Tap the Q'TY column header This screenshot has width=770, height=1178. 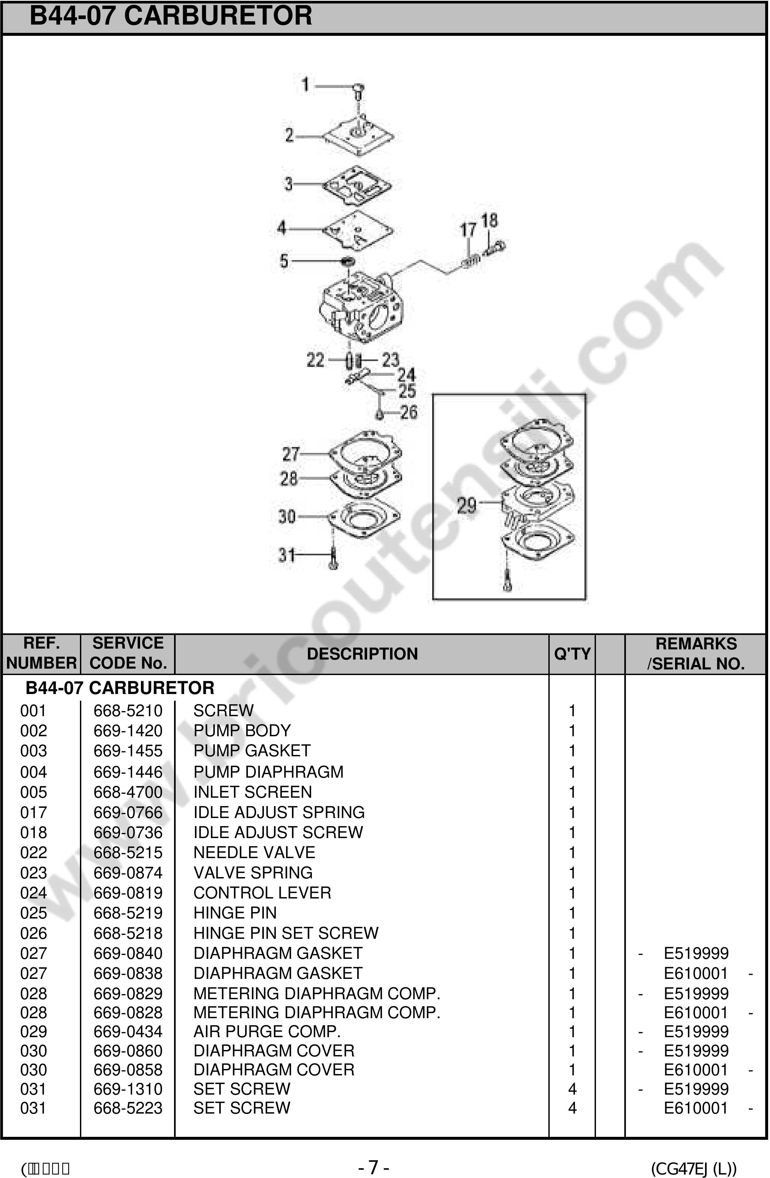point(572,654)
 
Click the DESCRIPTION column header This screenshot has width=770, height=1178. point(362,654)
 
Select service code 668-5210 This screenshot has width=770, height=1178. point(128,711)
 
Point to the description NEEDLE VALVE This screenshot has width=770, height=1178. point(254,852)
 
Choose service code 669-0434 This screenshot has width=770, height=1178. point(128,1032)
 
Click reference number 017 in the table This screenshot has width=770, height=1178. point(33,812)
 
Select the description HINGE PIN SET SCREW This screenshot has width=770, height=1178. point(286,933)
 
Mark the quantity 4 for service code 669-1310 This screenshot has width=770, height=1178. point(572,1089)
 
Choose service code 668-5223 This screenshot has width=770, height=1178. point(128,1108)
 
